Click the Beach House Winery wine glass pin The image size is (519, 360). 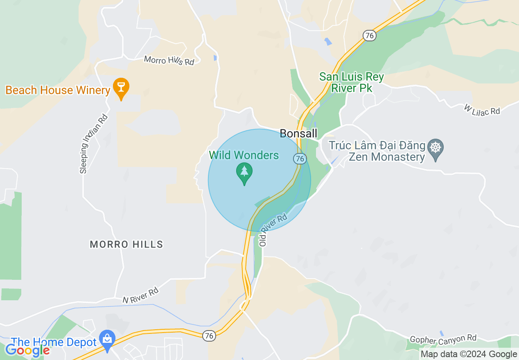coord(121,88)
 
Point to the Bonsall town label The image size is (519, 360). coord(298,133)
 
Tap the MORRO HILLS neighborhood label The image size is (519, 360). coord(126,245)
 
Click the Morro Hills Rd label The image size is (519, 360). coord(169,61)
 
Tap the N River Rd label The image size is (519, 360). coord(140,295)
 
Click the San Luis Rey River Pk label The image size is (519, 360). coord(352,82)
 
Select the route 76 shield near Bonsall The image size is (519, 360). coord(300,159)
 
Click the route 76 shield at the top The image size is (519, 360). coord(370,36)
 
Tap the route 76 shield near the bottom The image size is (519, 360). coord(209,336)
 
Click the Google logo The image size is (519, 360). coord(27,350)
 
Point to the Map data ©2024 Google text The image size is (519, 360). coord(469,354)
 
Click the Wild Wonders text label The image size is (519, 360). coord(244,155)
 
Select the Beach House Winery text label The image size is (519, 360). coord(58,90)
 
